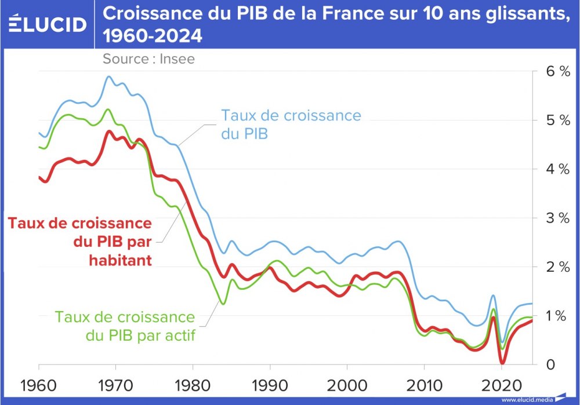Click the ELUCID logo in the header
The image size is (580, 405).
(47, 24)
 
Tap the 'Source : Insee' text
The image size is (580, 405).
(148, 59)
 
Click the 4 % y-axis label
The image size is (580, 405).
(556, 169)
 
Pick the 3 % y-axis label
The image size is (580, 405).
(556, 218)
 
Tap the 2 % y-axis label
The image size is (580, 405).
(556, 267)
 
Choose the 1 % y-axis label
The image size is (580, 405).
(556, 316)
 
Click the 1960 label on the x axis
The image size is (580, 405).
(39, 384)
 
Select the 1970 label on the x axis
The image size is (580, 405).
(116, 384)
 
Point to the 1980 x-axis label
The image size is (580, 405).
(193, 384)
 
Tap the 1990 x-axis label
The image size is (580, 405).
(270, 384)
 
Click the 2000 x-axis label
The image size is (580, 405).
(347, 384)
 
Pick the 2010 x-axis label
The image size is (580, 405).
(424, 384)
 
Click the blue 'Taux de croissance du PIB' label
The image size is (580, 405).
(291, 125)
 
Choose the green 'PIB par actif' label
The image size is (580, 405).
(125, 326)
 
